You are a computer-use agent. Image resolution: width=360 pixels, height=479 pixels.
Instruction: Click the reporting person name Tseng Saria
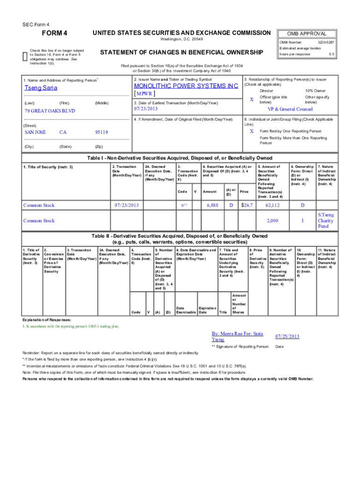pyautogui.click(x=41, y=87)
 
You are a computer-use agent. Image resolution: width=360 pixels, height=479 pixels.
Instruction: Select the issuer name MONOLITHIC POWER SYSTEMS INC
pyautogui.click(x=186, y=86)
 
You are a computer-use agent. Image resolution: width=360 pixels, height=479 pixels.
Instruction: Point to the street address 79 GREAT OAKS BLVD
pyautogui.click(x=50, y=111)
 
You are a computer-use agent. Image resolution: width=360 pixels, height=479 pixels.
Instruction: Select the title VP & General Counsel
pyautogui.click(x=290, y=109)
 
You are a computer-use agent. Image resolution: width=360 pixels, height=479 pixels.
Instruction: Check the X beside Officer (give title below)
pyautogui.click(x=252, y=100)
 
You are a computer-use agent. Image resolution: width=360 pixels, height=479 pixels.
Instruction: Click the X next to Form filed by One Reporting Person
pyautogui.click(x=252, y=131)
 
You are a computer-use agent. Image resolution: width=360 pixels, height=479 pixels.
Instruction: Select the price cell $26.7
pyautogui.click(x=246, y=205)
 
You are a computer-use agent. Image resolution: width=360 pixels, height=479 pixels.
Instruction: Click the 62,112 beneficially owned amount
pyautogui.click(x=272, y=205)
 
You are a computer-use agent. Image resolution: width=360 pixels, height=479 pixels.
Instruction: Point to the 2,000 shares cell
pyautogui.click(x=272, y=220)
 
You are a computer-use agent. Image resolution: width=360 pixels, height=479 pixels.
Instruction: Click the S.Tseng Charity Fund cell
pyautogui.click(x=325, y=220)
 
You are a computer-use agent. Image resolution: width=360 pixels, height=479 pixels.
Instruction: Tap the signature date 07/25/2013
pyautogui.click(x=287, y=336)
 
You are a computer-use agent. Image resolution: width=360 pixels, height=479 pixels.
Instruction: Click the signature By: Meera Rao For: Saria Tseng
pyautogui.click(x=238, y=336)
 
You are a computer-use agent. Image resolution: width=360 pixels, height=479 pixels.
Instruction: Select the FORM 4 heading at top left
pyautogui.click(x=55, y=33)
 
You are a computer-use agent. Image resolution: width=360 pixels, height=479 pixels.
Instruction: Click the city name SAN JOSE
pyautogui.click(x=35, y=132)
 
